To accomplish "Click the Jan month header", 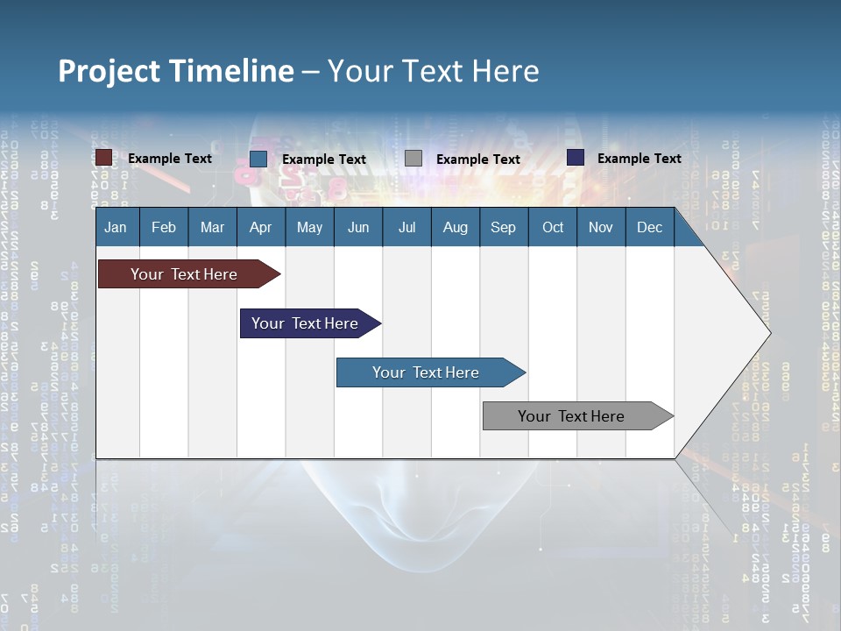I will (x=116, y=227).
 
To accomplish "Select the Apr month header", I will (x=260, y=227).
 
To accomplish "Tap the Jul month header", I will (x=406, y=227).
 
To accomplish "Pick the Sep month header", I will (x=503, y=227).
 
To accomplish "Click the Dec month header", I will (x=649, y=227).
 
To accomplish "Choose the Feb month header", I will (x=164, y=227).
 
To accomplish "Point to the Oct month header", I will (x=553, y=227).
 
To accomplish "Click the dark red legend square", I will (x=104, y=158).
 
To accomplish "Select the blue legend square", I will (x=258, y=159).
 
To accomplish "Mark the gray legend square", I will (x=413, y=159).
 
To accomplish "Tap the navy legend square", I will (x=576, y=158).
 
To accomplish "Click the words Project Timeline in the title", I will (x=175, y=71).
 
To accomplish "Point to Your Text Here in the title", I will (x=434, y=71).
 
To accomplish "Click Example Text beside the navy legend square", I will (x=639, y=159).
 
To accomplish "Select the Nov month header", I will (x=601, y=227).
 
